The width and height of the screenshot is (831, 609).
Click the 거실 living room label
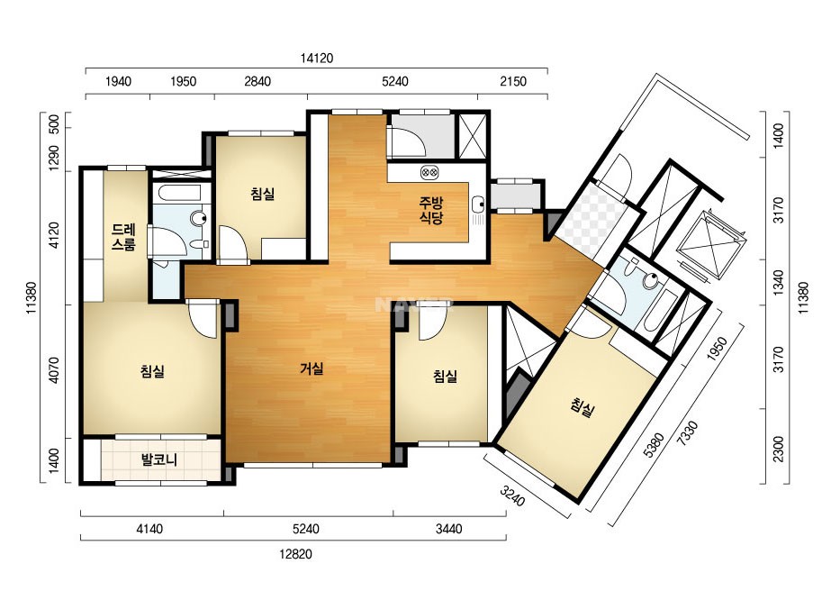(312, 368)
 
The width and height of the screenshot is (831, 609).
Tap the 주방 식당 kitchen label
(431, 210)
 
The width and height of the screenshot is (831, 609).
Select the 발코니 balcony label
(159, 459)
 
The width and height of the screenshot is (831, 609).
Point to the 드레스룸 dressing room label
(123, 237)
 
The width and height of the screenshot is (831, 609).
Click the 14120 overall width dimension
(317, 59)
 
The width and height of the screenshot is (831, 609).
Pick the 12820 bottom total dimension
(295, 554)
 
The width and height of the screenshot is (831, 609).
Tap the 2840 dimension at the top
(257, 82)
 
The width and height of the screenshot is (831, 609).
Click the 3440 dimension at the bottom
(449, 529)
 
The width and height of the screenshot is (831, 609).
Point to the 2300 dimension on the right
(778, 449)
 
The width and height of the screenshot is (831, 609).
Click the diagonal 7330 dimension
(689, 433)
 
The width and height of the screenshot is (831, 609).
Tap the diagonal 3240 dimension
(512, 495)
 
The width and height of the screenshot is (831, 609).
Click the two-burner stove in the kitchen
(429, 172)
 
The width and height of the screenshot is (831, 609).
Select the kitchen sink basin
(478, 203)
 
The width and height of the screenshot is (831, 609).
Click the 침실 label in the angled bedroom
(583, 407)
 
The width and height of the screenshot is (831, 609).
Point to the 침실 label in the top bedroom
(263, 194)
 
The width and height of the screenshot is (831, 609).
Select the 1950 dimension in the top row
(183, 82)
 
